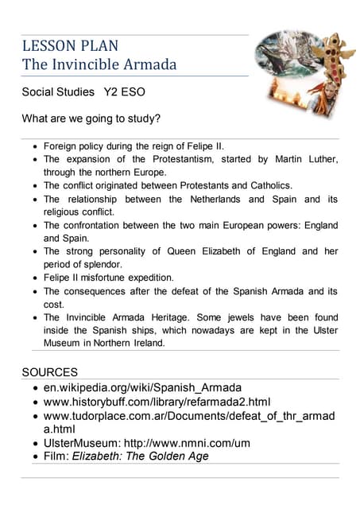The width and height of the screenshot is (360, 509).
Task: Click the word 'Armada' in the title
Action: [x=149, y=64]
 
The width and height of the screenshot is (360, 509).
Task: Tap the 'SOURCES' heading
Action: [x=49, y=372]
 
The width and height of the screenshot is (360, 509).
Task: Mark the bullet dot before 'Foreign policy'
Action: [x=33, y=147]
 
